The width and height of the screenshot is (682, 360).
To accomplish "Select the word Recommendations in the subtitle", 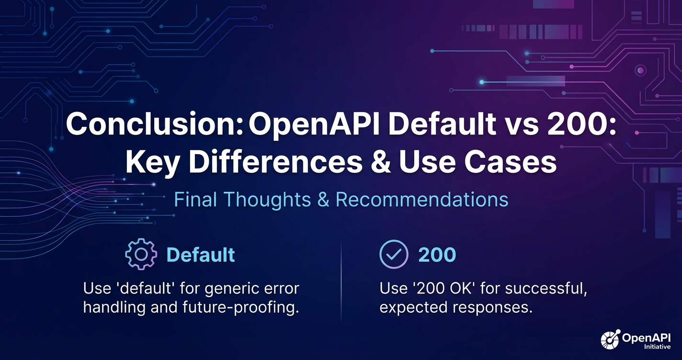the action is coord(421,200).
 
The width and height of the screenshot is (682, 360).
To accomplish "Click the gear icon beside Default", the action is coord(141,254).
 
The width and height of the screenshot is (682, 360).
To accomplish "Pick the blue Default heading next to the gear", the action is coord(201,255).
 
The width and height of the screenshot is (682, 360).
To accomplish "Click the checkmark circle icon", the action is coord(394,254).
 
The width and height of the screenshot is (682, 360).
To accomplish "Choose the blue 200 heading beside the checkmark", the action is coord(437,255).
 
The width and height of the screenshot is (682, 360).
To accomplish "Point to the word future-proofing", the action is coord(240,307).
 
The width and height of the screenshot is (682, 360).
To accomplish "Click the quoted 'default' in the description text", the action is coord(145,288).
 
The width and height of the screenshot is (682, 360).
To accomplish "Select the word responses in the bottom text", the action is coord(492,307).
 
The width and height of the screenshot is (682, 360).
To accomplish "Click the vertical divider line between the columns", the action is coord(341,281).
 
